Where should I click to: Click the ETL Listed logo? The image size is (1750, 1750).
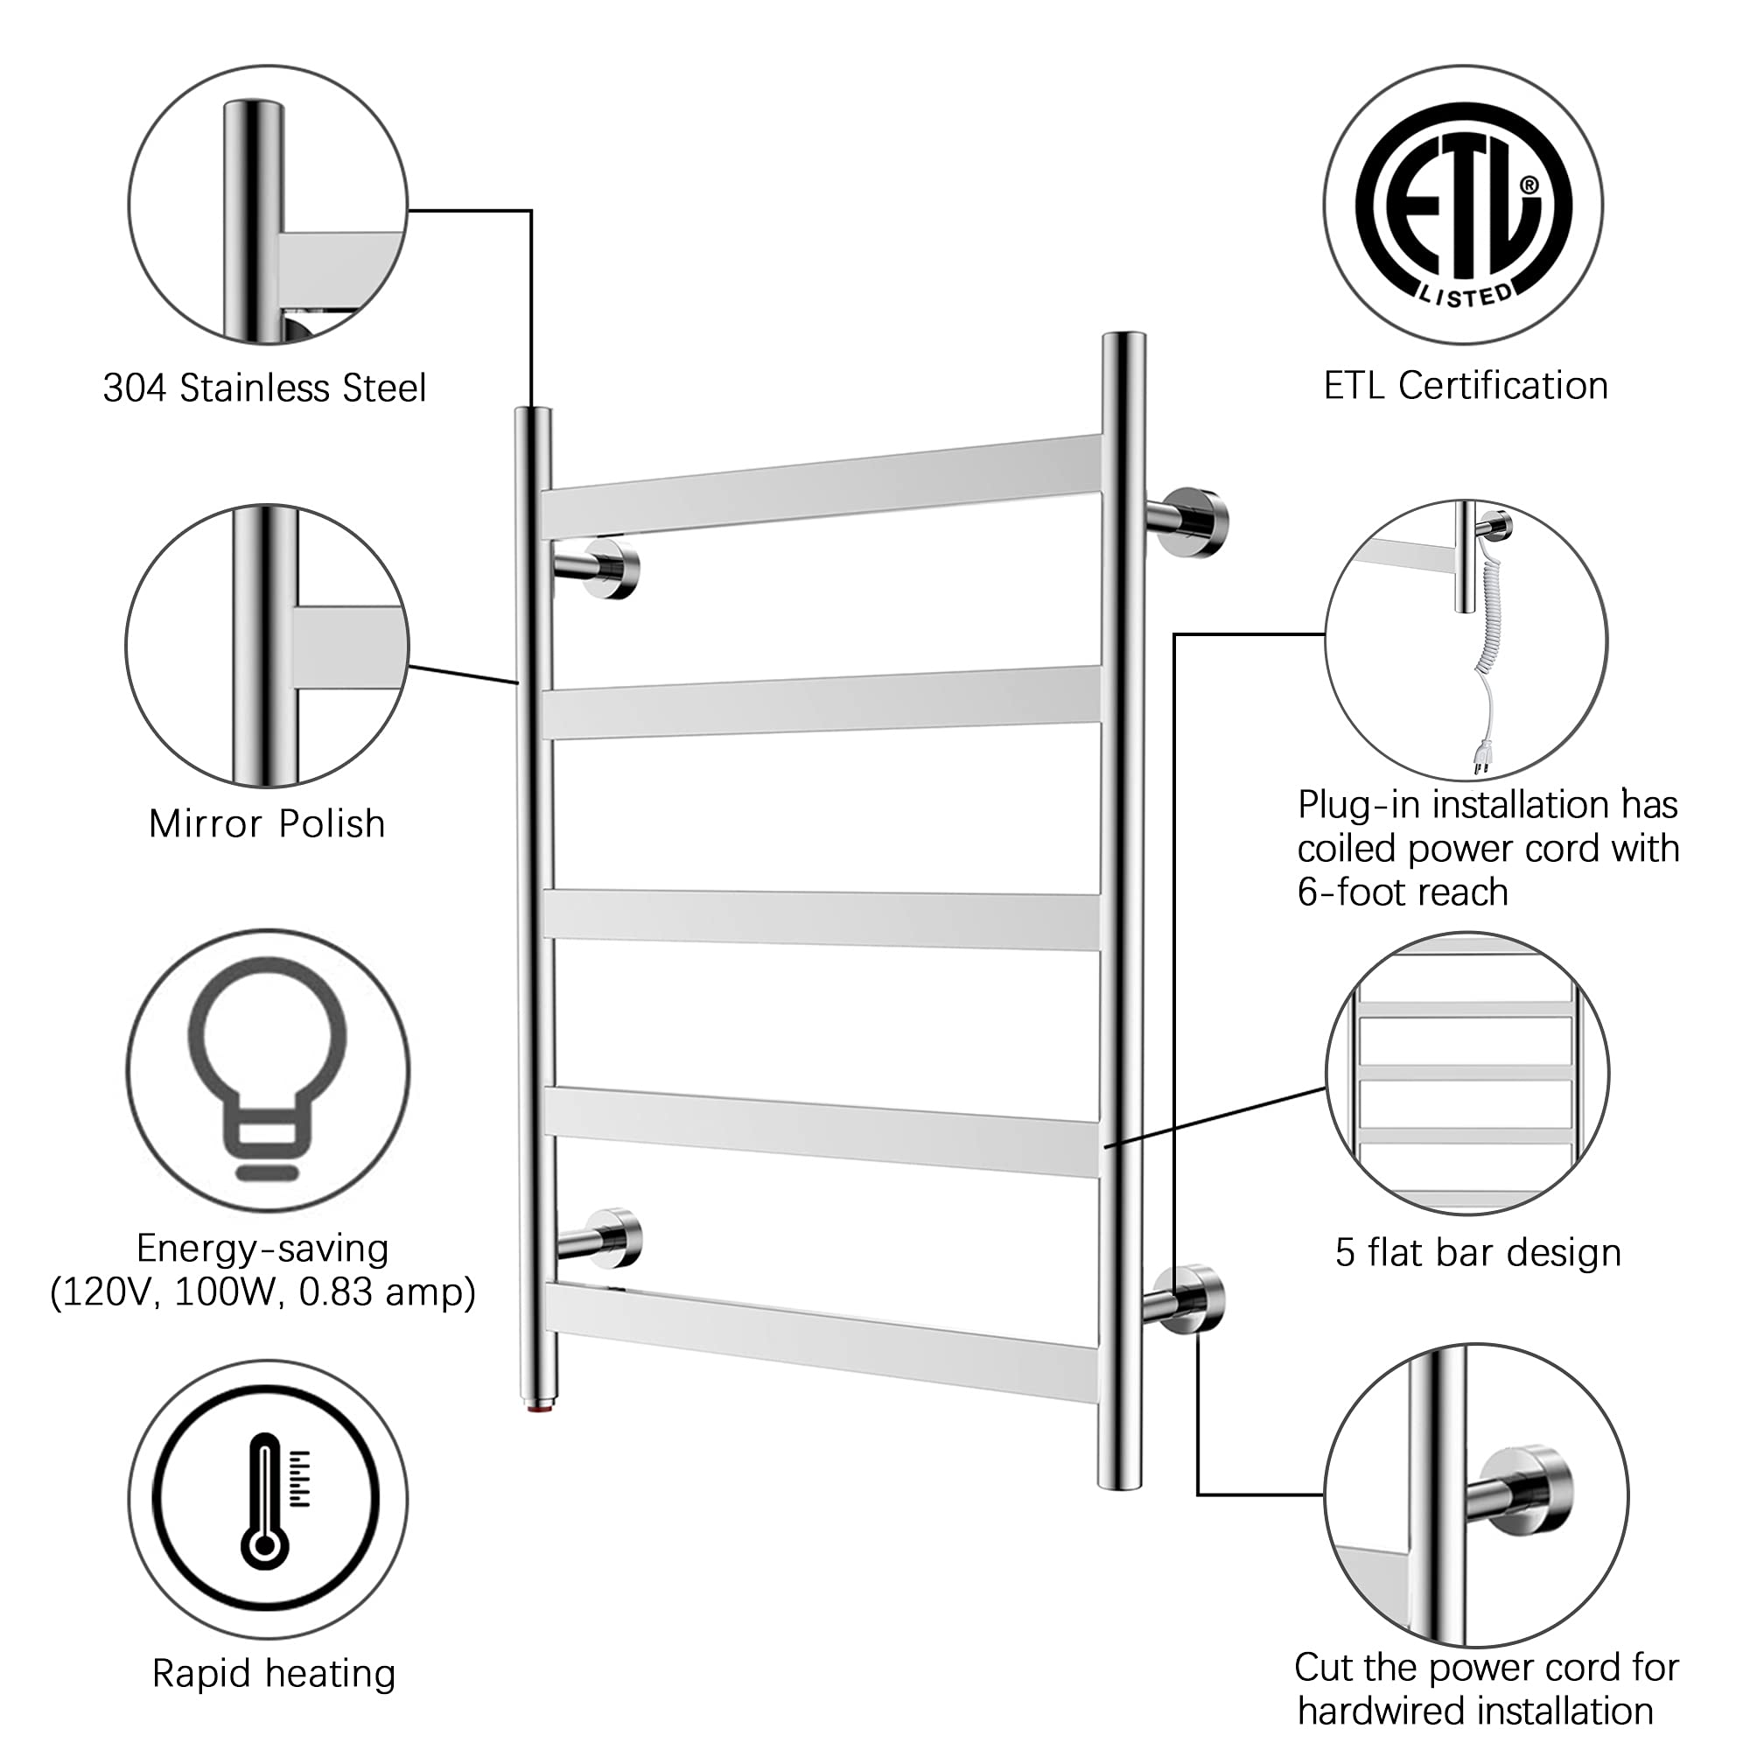coord(1464,205)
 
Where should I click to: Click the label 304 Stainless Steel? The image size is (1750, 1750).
coord(264,388)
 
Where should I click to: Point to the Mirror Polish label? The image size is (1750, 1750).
coord(267,824)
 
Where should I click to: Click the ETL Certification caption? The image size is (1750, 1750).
coord(1466,386)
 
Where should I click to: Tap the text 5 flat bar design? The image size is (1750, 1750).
coord(1478,1252)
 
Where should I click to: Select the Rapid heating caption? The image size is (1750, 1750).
coord(274,1673)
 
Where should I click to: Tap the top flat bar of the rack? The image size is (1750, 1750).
coord(822,486)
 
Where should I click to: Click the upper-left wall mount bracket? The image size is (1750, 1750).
coord(597,568)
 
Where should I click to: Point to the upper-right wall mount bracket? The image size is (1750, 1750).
coord(1186,522)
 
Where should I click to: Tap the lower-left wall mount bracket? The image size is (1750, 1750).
coord(599,1237)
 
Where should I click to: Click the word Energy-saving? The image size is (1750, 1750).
coord(262,1249)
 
